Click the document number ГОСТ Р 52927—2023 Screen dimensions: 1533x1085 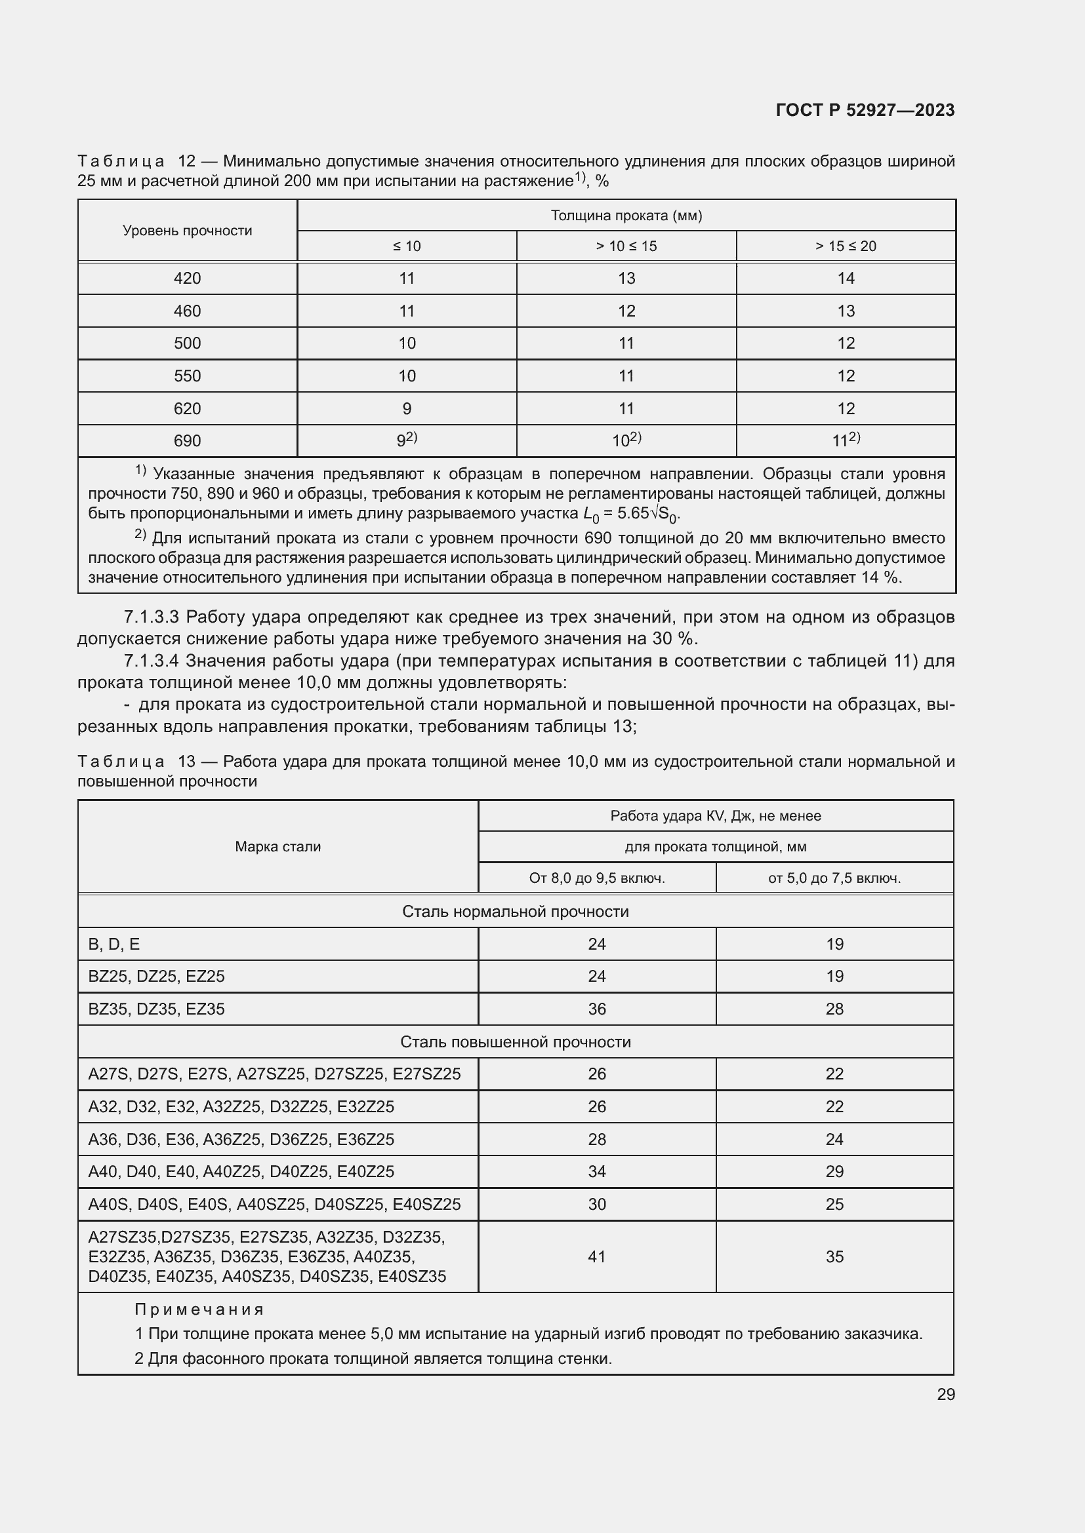click(x=865, y=110)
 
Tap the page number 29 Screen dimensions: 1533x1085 click(x=945, y=1394)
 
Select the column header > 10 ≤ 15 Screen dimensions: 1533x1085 click(x=626, y=246)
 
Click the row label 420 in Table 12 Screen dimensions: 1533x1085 click(x=187, y=279)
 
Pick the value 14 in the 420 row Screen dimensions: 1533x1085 click(x=846, y=279)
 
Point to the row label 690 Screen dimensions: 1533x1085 click(x=187, y=440)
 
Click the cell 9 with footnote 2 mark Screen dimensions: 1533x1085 click(x=406, y=440)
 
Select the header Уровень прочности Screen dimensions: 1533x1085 click(x=187, y=231)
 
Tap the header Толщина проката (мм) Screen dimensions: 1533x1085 click(x=626, y=216)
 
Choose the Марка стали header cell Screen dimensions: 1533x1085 click(x=278, y=847)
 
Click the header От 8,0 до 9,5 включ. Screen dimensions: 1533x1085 click(x=596, y=878)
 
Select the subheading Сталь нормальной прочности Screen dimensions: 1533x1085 click(x=515, y=912)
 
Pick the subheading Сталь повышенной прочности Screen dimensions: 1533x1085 click(x=515, y=1041)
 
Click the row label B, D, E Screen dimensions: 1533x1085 click(x=114, y=944)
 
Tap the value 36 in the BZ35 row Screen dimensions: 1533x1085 click(x=596, y=1009)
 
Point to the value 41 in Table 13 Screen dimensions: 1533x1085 click(x=596, y=1256)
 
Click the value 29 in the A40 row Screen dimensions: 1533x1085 click(x=834, y=1171)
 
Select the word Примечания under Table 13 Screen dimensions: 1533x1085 click(x=199, y=1310)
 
